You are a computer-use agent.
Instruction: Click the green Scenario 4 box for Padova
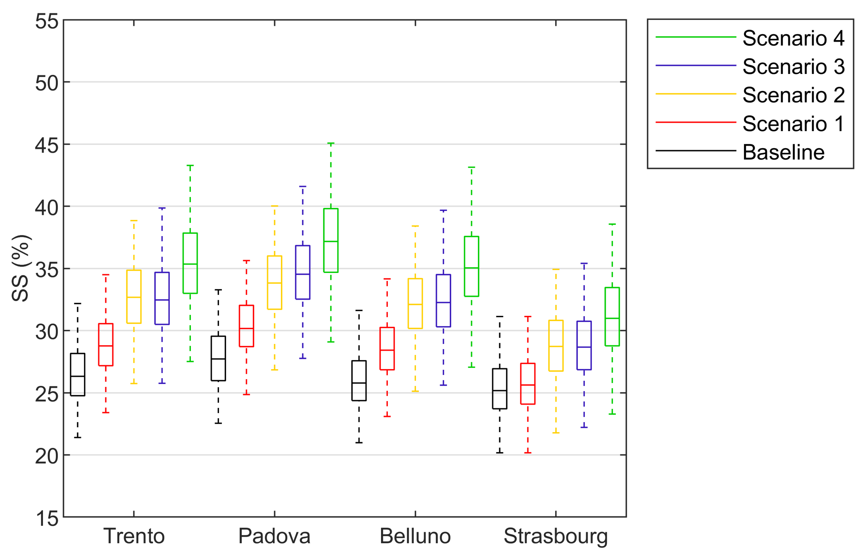[x=330, y=240]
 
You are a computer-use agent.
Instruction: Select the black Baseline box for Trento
[x=77, y=374]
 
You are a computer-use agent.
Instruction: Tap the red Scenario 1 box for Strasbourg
[x=528, y=384]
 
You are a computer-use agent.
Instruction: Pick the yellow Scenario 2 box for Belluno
[x=415, y=304]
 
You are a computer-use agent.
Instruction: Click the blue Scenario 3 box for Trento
[x=162, y=298]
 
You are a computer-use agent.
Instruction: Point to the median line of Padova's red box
[x=246, y=328]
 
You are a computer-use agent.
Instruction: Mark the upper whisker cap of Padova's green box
[x=330, y=144]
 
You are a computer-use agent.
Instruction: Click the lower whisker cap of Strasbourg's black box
[x=499, y=452]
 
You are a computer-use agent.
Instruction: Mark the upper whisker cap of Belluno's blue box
[x=443, y=210]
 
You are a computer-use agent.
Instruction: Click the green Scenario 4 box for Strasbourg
[x=612, y=317]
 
